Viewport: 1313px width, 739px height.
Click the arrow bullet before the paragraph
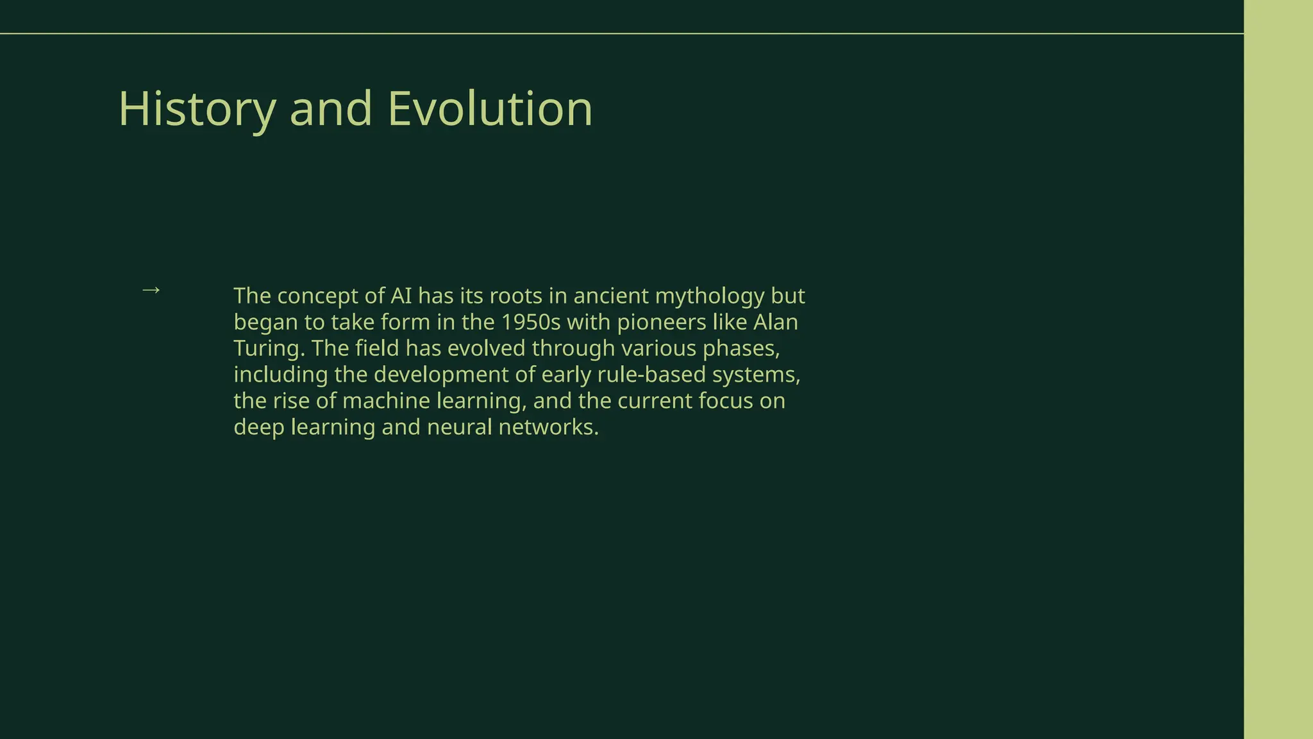pyautogui.click(x=151, y=290)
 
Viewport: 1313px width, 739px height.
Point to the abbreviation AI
pyautogui.click(x=401, y=296)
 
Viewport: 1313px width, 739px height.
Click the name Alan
pyautogui.click(x=776, y=321)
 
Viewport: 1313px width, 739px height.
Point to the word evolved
pyautogui.click(x=486, y=348)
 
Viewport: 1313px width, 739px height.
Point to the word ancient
pyautogui.click(x=611, y=296)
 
